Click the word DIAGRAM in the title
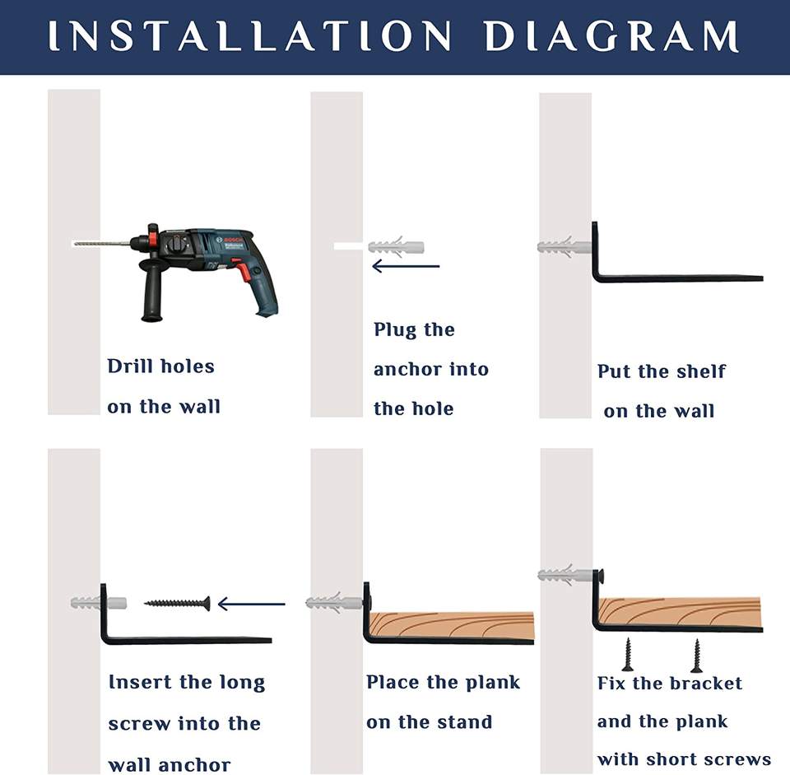click(x=611, y=35)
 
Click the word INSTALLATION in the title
click(x=250, y=35)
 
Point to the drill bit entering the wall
click(x=101, y=244)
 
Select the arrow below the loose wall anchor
click(x=406, y=266)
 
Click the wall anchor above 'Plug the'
click(x=396, y=246)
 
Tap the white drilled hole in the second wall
click(x=348, y=246)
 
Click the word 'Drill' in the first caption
click(x=130, y=366)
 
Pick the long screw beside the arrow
click(x=178, y=603)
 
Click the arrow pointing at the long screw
click(x=252, y=604)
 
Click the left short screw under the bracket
click(x=628, y=654)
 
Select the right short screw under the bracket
click(x=696, y=656)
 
